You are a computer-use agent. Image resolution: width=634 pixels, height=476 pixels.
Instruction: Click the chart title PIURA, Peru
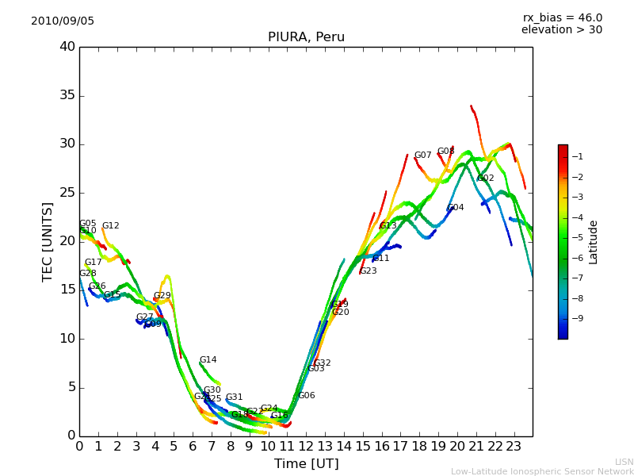(306, 37)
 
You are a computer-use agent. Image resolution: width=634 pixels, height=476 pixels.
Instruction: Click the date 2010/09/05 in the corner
(63, 21)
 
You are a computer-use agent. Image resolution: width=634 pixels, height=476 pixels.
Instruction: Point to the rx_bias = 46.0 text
(562, 18)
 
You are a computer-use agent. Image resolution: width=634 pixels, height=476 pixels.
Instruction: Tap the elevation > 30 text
(561, 30)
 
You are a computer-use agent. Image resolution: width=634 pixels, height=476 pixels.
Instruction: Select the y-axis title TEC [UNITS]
(48, 241)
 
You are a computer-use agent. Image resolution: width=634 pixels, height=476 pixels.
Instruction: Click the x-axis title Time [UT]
(306, 463)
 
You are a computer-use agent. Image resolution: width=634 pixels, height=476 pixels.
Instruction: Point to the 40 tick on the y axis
(67, 47)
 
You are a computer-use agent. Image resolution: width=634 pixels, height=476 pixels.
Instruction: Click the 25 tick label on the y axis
(67, 193)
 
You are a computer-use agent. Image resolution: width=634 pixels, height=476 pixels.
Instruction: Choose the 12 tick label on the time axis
(306, 446)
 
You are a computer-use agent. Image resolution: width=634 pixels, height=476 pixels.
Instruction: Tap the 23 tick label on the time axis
(514, 446)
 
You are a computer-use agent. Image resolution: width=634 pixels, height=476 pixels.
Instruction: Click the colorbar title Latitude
(594, 241)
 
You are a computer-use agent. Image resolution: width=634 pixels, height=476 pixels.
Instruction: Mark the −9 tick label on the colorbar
(578, 319)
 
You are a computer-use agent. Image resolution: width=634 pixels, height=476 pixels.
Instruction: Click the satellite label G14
(208, 360)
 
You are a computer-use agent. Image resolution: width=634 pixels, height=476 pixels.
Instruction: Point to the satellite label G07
(422, 155)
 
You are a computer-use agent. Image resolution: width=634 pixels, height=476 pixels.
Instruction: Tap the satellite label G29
(162, 296)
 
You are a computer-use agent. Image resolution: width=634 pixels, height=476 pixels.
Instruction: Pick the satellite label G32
(322, 363)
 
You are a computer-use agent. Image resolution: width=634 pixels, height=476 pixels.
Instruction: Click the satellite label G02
(485, 178)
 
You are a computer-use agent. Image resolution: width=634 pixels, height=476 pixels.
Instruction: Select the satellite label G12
(110, 226)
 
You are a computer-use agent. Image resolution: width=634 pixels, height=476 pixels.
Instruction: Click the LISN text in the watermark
(624, 462)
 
